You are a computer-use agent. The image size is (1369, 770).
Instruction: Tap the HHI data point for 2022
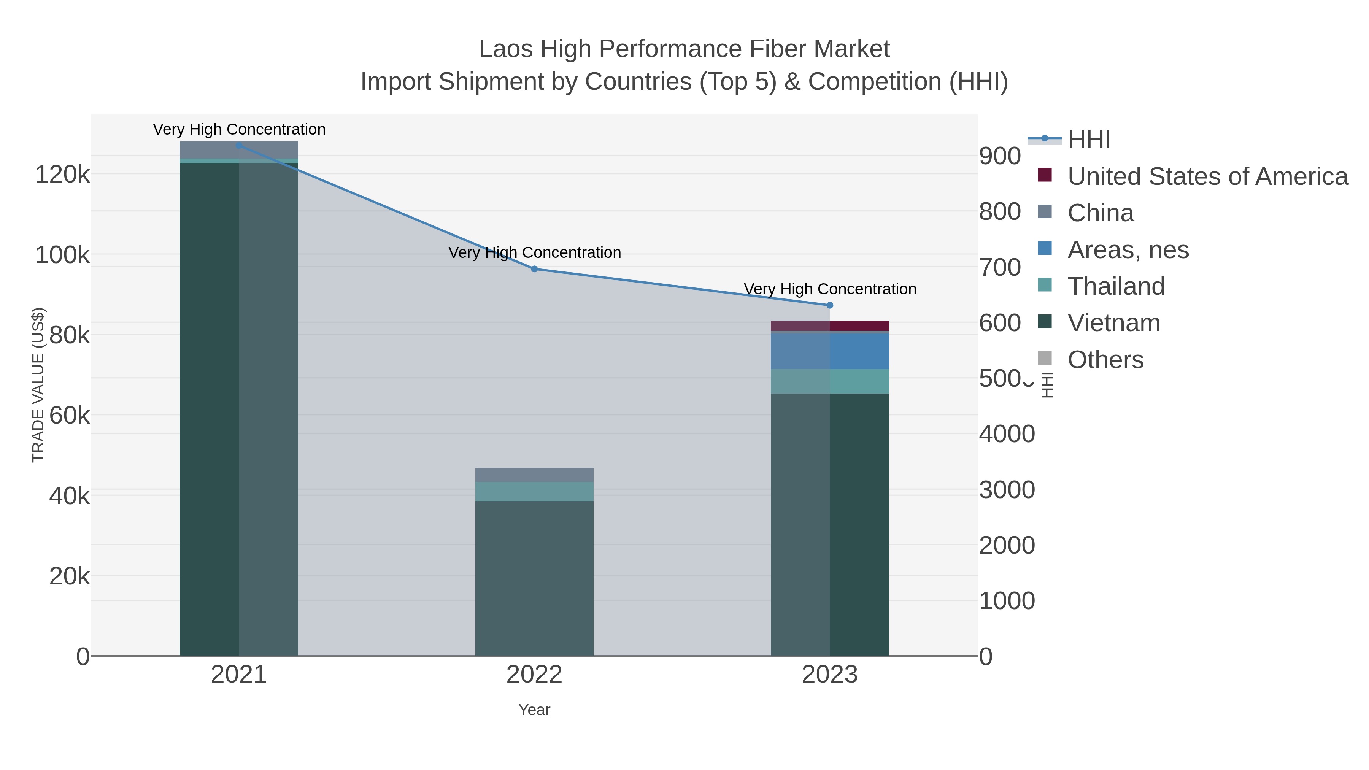click(x=534, y=269)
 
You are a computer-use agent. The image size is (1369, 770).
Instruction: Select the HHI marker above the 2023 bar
click(x=830, y=305)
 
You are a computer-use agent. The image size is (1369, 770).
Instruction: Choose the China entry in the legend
click(x=1100, y=213)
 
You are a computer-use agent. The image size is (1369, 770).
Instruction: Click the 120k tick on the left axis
click(x=62, y=174)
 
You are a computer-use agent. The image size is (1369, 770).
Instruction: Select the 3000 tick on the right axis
click(x=1007, y=490)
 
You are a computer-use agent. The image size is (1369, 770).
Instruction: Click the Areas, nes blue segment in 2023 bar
click(x=859, y=351)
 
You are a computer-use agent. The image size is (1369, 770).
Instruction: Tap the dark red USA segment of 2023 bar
click(x=859, y=326)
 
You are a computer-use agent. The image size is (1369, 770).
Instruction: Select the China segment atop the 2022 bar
click(x=534, y=475)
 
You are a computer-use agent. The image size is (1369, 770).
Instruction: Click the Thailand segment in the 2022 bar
click(x=534, y=492)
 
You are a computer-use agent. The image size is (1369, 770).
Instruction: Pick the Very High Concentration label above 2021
click(x=239, y=129)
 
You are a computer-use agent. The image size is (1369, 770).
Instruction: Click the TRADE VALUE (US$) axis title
click(x=38, y=385)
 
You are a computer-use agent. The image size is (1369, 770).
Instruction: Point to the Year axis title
click(x=534, y=710)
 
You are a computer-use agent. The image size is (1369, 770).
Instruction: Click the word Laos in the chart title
click(x=505, y=49)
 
